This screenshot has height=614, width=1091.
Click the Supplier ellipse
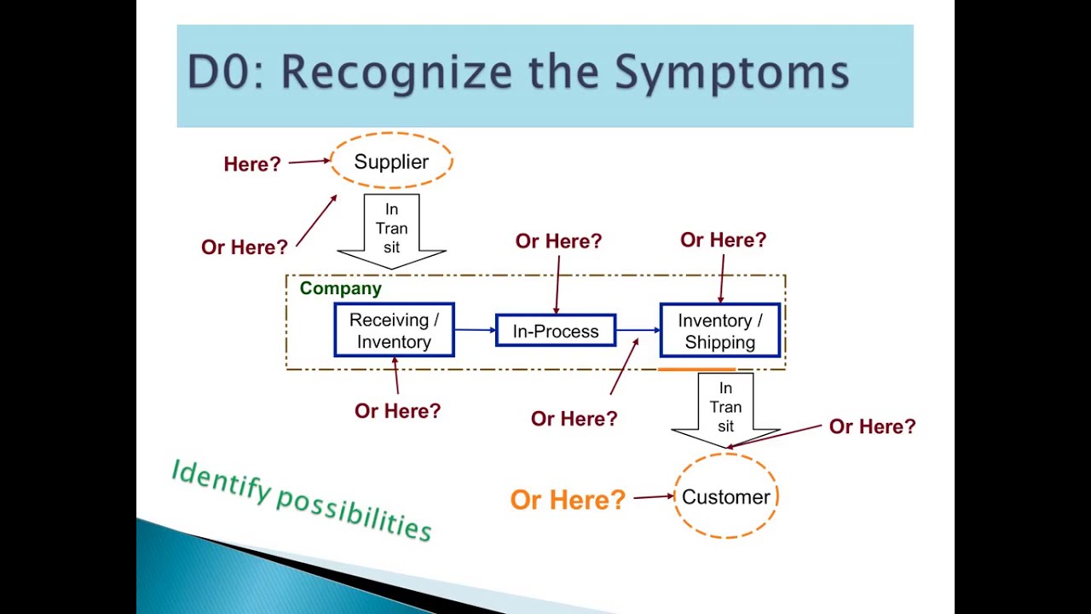(391, 161)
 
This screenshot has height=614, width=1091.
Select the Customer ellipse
(725, 496)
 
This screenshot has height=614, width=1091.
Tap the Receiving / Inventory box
(394, 331)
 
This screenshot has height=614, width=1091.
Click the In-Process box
(556, 331)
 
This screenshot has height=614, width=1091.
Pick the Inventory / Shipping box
(719, 331)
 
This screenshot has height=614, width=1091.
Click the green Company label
(340, 288)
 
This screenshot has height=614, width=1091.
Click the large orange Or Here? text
(568, 500)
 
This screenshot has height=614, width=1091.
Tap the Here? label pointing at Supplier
(252, 165)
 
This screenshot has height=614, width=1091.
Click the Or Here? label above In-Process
(558, 241)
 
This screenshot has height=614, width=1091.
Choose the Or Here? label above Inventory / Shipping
(723, 240)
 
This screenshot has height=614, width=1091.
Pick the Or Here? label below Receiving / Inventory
(397, 411)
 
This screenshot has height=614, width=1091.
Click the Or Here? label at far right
(872, 426)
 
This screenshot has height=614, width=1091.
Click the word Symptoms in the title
(732, 72)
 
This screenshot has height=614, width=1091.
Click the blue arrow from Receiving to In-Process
(475, 329)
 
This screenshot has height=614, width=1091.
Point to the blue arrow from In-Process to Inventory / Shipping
(638, 329)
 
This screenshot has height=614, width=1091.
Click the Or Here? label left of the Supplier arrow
(245, 247)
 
